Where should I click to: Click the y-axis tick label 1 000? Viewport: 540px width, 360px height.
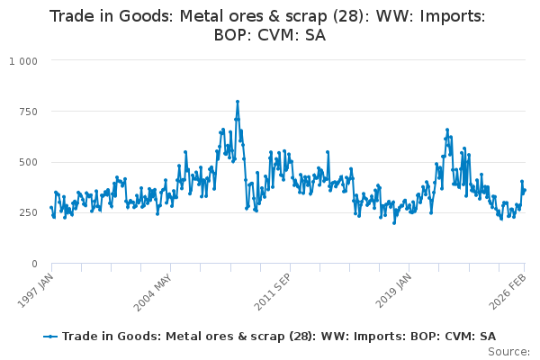[22, 60]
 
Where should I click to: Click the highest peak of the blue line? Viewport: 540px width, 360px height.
[238, 101]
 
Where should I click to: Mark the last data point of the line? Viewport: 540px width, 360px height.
[525, 190]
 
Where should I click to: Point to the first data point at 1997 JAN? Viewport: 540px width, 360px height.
[51, 208]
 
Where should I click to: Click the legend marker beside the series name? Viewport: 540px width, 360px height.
[50, 336]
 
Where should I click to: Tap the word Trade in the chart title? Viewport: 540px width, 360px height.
[71, 16]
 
